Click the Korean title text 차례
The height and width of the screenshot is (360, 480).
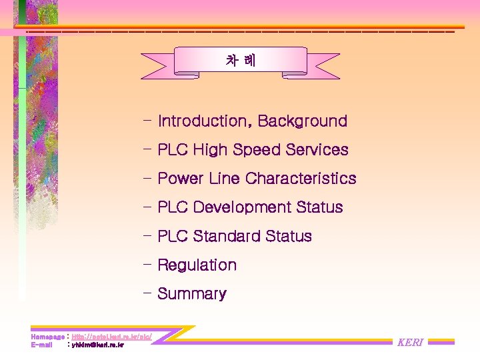point(240,61)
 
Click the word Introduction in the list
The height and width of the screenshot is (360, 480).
point(202,121)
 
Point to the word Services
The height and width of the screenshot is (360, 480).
point(317,150)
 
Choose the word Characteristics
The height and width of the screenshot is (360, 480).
point(301,179)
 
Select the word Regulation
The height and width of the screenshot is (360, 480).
point(197,265)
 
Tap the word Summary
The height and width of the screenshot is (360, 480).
point(192,294)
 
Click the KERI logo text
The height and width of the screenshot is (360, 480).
point(410,343)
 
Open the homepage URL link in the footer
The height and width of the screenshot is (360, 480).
point(111,337)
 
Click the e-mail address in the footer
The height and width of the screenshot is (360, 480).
point(97,345)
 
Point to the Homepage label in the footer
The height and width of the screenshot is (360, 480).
point(47,337)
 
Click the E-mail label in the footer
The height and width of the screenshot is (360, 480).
point(41,345)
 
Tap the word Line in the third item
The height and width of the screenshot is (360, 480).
point(224,179)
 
